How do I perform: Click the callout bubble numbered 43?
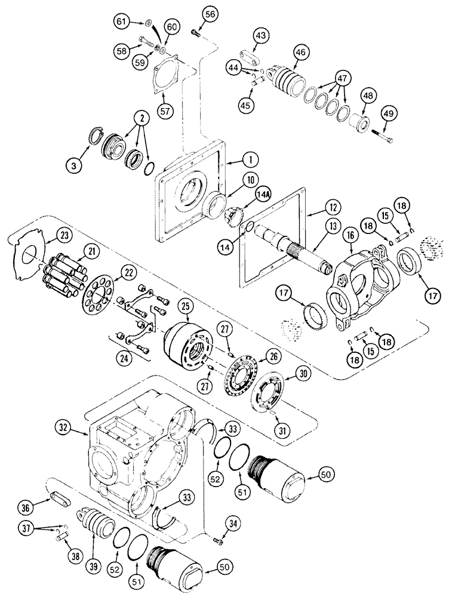260,36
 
